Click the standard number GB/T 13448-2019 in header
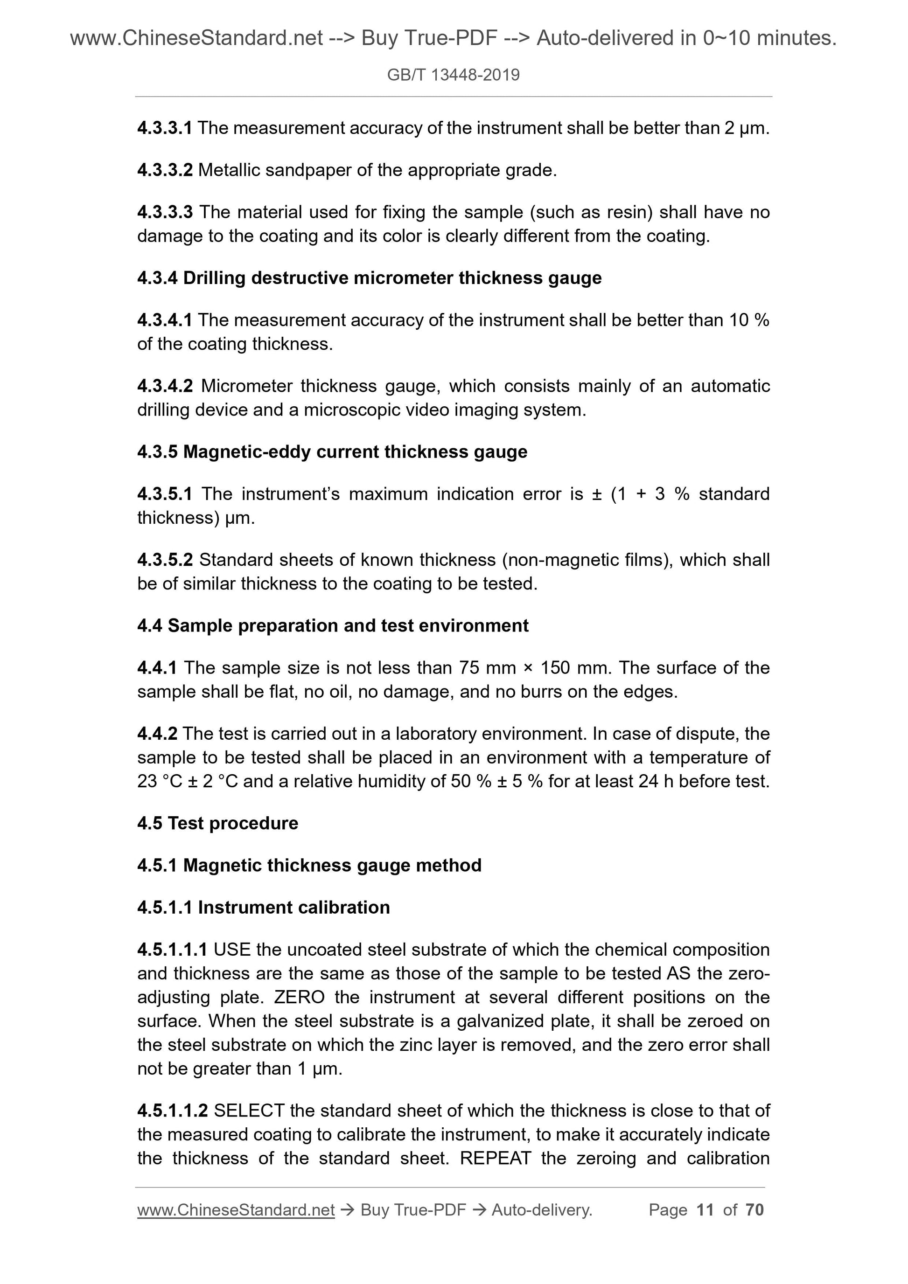click(453, 75)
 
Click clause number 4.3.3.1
click(165, 128)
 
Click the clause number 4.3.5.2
click(165, 560)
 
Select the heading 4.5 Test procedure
click(217, 823)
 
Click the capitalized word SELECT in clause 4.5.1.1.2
click(249, 1110)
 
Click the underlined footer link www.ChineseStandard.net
click(236, 1210)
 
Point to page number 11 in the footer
click(705, 1210)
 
